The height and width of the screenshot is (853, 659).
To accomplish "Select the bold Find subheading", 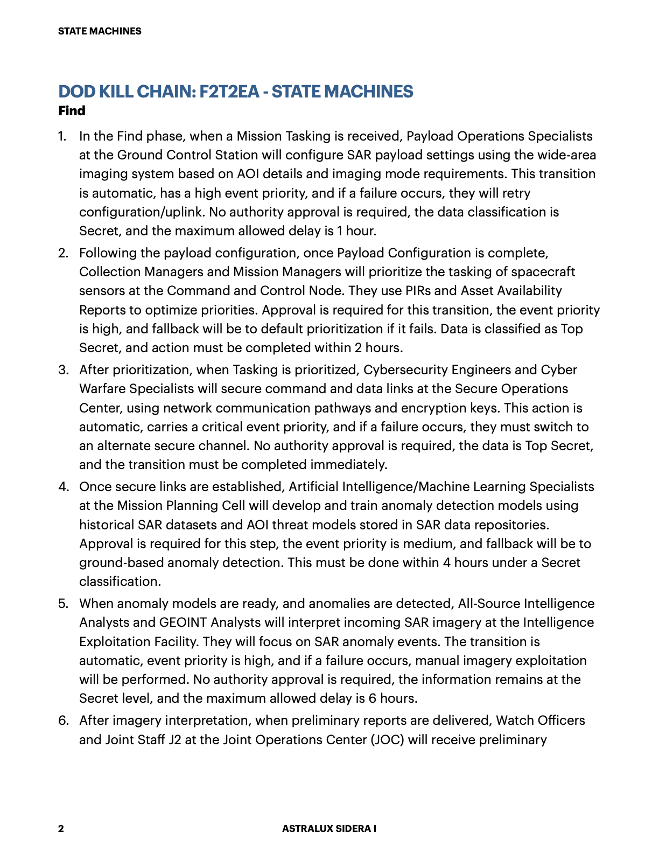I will tap(72, 111).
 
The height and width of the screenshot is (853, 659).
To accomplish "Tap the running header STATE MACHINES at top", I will tap(100, 31).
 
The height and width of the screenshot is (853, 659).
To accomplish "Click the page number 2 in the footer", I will tap(61, 828).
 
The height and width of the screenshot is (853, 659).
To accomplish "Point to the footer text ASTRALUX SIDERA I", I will tap(329, 828).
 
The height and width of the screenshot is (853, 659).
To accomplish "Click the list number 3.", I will tap(64, 370).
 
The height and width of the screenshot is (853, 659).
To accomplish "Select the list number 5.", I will tap(64, 604).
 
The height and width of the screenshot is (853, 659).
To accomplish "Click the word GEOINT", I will tap(183, 623).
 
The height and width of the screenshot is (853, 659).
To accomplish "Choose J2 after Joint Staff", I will tap(175, 740).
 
